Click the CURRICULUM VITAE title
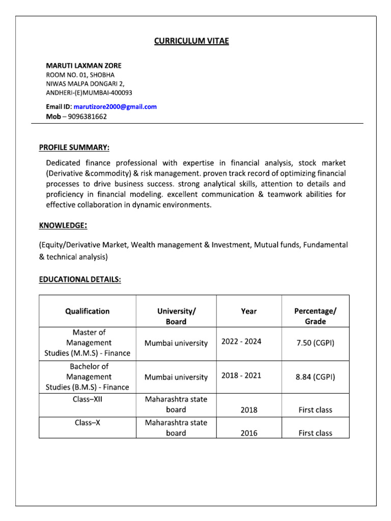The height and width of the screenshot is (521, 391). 192,41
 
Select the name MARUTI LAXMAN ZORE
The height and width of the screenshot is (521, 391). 84,66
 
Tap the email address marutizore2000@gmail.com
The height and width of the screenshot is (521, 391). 115,107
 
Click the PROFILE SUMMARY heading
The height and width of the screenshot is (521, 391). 74,148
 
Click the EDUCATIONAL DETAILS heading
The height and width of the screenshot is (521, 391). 80,279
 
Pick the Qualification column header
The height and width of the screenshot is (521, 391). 87,311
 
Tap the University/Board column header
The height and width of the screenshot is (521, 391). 176,316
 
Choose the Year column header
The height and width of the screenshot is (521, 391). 249,311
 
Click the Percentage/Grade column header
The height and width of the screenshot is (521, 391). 315,316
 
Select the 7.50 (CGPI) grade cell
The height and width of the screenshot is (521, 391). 315,343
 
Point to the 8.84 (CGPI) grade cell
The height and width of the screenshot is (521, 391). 315,377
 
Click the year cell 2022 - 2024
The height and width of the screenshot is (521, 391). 241,341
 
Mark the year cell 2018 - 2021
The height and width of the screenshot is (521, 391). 241,375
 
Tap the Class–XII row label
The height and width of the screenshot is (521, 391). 87,399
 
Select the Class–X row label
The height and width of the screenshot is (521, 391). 87,423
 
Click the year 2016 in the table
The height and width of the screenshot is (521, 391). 249,433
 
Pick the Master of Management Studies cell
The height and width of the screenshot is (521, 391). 87,342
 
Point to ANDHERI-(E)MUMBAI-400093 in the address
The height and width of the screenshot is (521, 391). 89,93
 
